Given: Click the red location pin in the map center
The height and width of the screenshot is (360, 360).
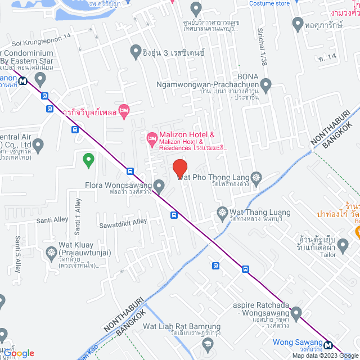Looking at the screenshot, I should (179, 168).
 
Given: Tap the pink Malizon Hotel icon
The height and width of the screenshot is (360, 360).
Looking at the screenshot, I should (151, 138).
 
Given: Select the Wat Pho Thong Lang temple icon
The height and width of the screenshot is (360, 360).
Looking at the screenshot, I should (256, 177).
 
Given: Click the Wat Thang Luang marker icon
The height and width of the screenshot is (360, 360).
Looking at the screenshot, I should (221, 213).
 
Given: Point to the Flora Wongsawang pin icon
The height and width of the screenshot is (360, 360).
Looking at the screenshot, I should (159, 185).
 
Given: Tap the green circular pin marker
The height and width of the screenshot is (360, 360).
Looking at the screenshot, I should (88, 160).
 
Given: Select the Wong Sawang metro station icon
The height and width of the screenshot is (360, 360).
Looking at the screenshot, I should (327, 343).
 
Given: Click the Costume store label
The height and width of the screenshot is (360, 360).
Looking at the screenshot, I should (269, 3).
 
